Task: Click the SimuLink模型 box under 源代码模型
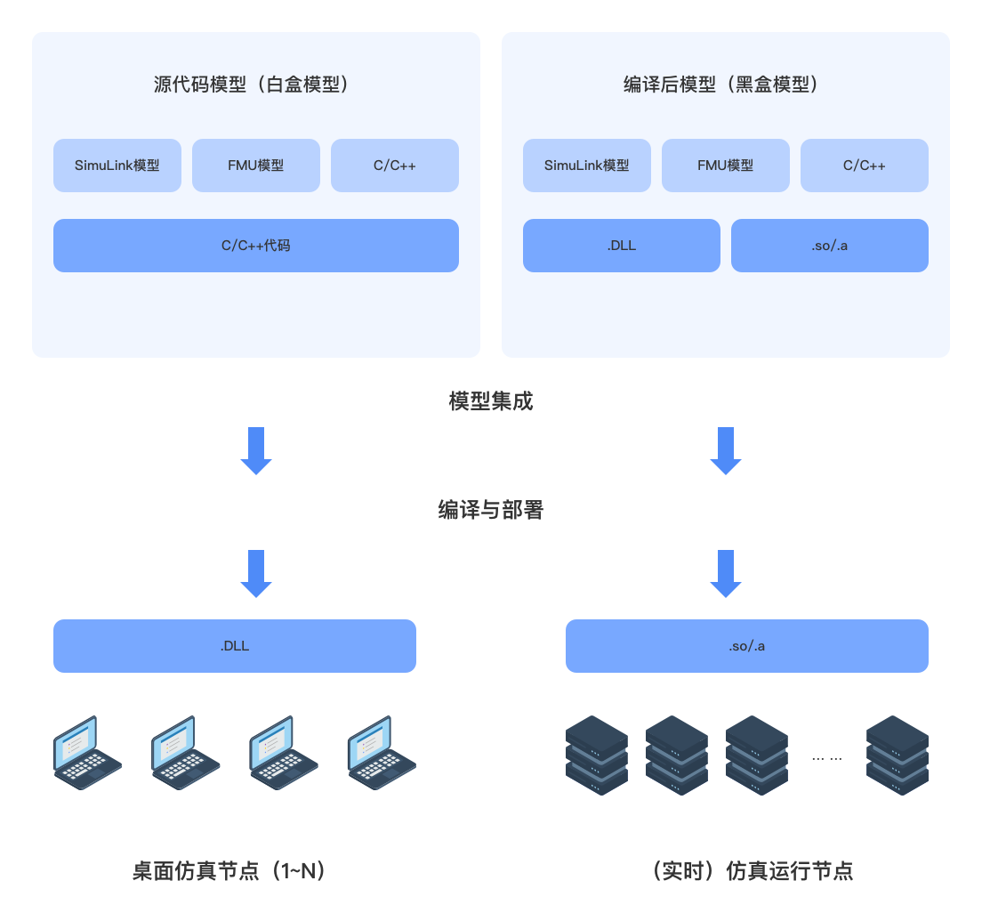117,166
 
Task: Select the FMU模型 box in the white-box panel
256,166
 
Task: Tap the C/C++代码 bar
256,246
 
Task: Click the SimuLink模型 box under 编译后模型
587,166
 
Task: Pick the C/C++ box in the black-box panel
865,166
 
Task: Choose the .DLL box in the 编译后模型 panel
622,246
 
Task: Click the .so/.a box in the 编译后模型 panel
830,246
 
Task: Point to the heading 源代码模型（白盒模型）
255,85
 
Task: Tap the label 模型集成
491,400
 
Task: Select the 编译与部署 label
491,510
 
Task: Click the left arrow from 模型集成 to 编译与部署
256,449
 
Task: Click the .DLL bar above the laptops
235,646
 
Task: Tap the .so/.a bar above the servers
747,646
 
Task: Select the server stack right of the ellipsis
897,755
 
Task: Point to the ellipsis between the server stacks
827,757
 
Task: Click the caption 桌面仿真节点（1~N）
234,869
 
